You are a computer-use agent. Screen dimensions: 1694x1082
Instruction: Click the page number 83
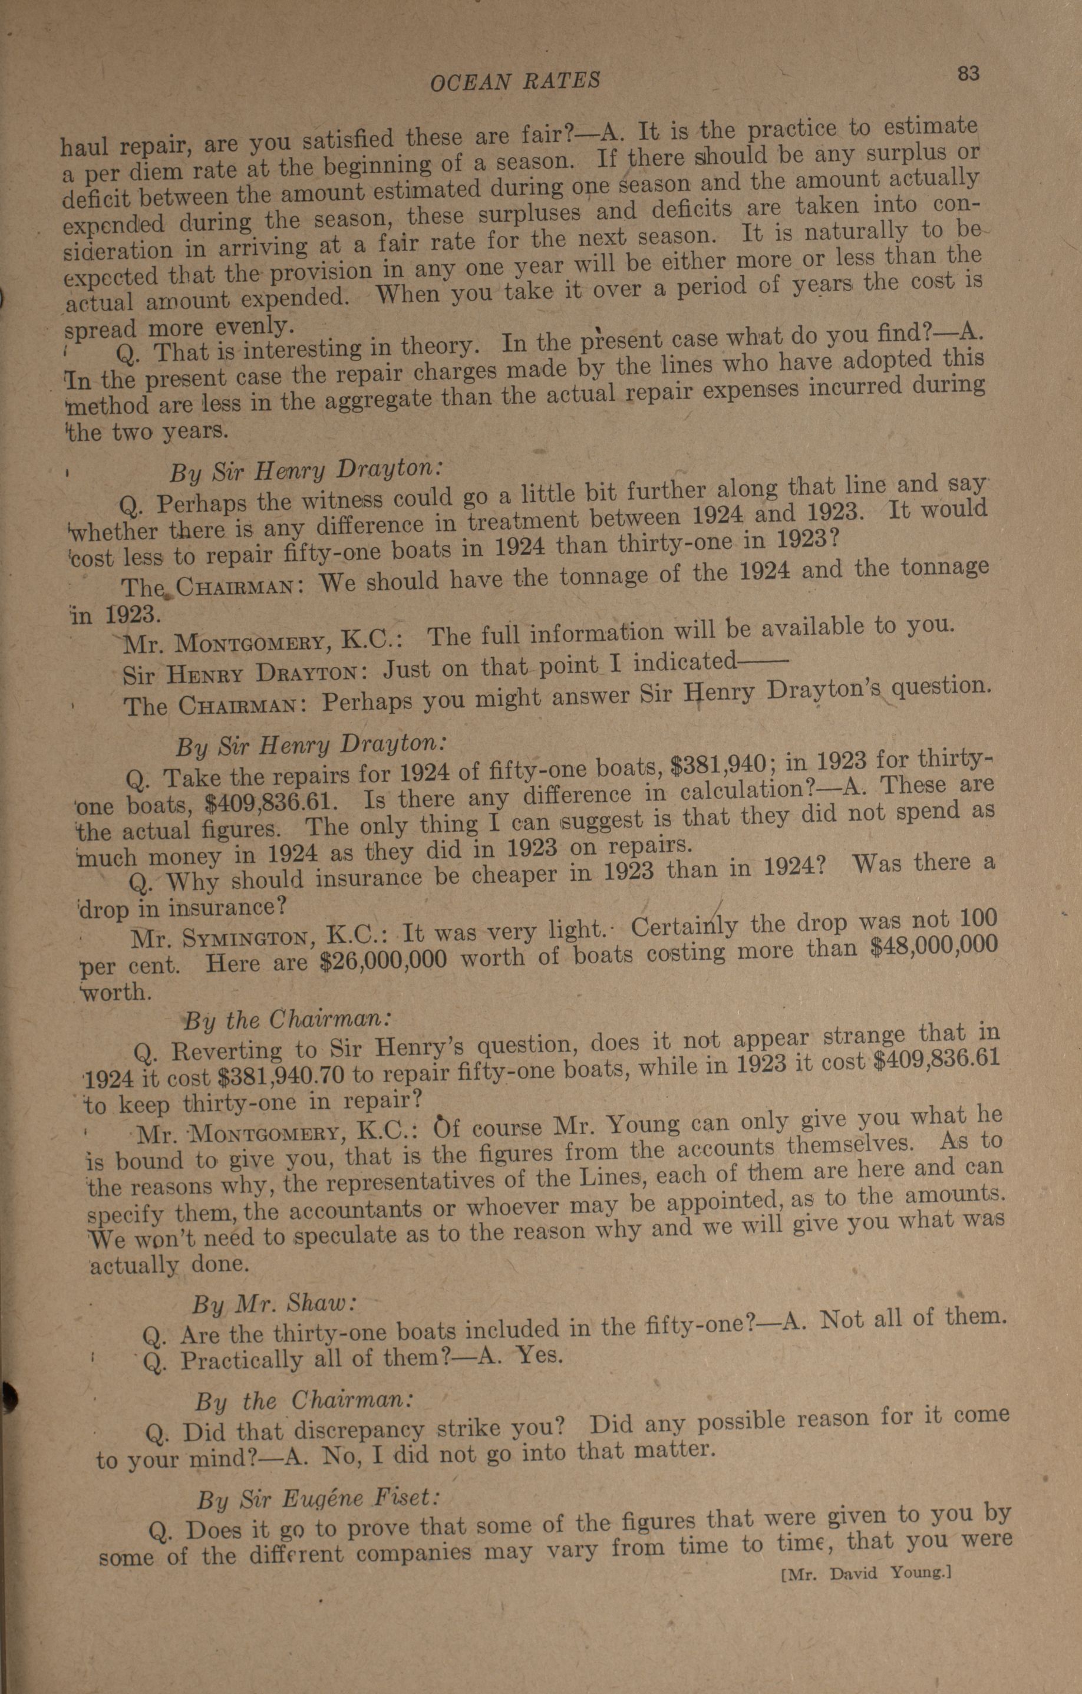click(968, 73)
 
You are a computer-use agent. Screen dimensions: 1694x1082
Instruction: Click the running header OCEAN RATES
click(515, 81)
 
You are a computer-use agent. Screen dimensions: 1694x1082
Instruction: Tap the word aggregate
click(367, 400)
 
